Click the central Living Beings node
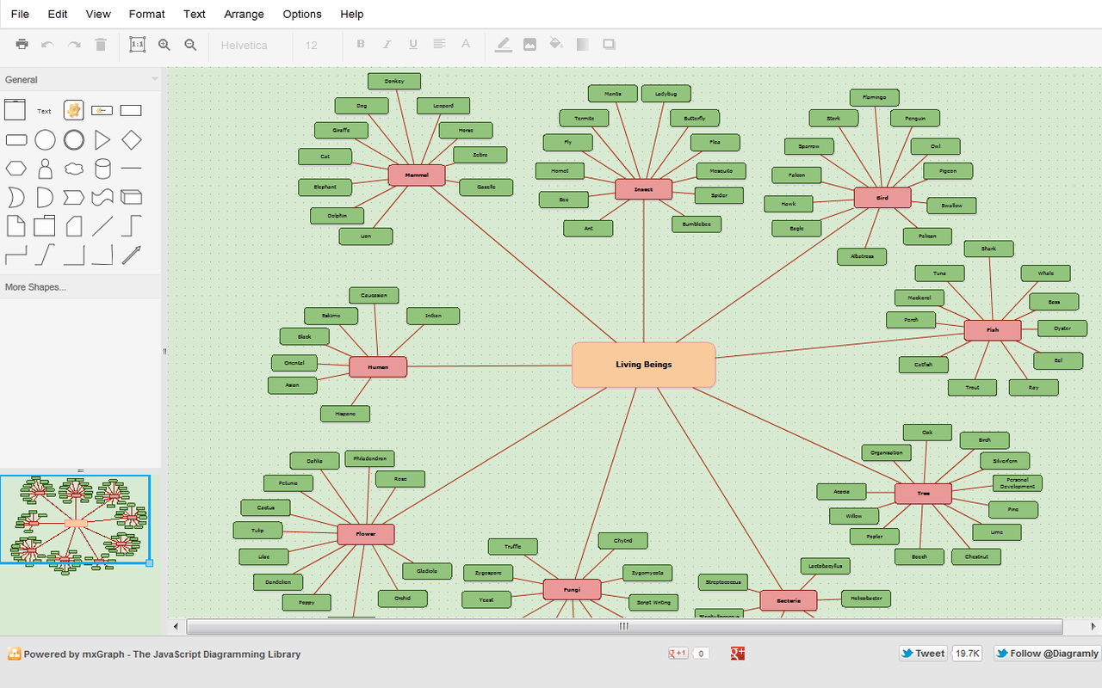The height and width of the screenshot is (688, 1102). point(643,365)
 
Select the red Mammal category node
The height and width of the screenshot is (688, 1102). point(417,175)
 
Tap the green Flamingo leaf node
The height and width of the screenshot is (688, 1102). point(874,98)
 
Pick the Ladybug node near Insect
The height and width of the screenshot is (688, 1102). point(666,94)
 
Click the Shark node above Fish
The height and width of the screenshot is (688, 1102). point(988,249)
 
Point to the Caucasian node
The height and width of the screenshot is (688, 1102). point(374,296)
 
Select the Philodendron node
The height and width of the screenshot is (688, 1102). point(370,459)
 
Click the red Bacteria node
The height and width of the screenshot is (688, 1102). point(788,600)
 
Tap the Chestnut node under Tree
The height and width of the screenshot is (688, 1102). point(976,557)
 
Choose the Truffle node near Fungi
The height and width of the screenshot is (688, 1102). point(513,547)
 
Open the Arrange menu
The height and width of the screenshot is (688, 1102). point(244,14)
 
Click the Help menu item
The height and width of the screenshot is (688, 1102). point(351,14)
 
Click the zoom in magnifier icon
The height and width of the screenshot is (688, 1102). point(164,45)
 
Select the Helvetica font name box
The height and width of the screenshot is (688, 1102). point(245,46)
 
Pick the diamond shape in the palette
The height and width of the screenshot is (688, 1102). point(131,140)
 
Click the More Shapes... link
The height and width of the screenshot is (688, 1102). point(35,287)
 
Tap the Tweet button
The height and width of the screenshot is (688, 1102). point(922,654)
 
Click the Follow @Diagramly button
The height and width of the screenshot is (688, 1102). point(1047,654)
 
